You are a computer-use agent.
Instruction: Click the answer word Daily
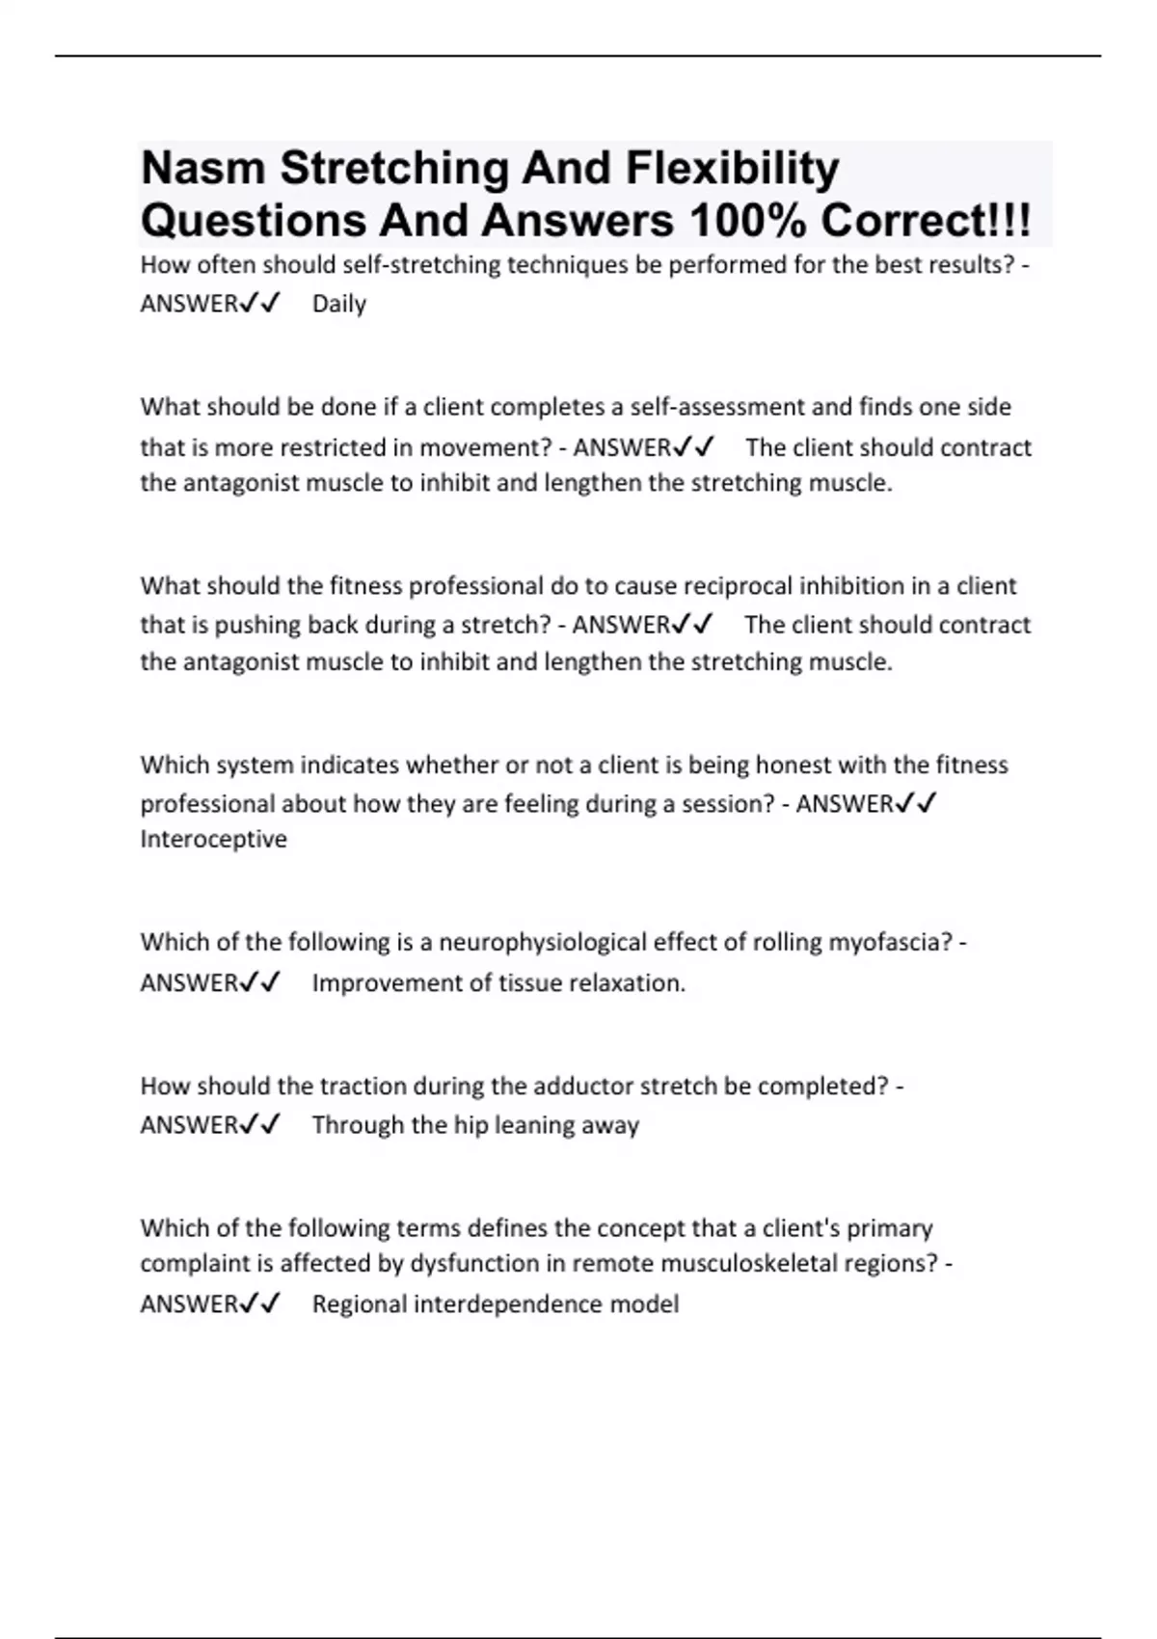339,305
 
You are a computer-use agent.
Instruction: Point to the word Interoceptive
214,840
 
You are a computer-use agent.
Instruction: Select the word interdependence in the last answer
506,1304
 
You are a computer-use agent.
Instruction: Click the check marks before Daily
259,305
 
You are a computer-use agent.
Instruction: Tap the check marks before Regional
259,1304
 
